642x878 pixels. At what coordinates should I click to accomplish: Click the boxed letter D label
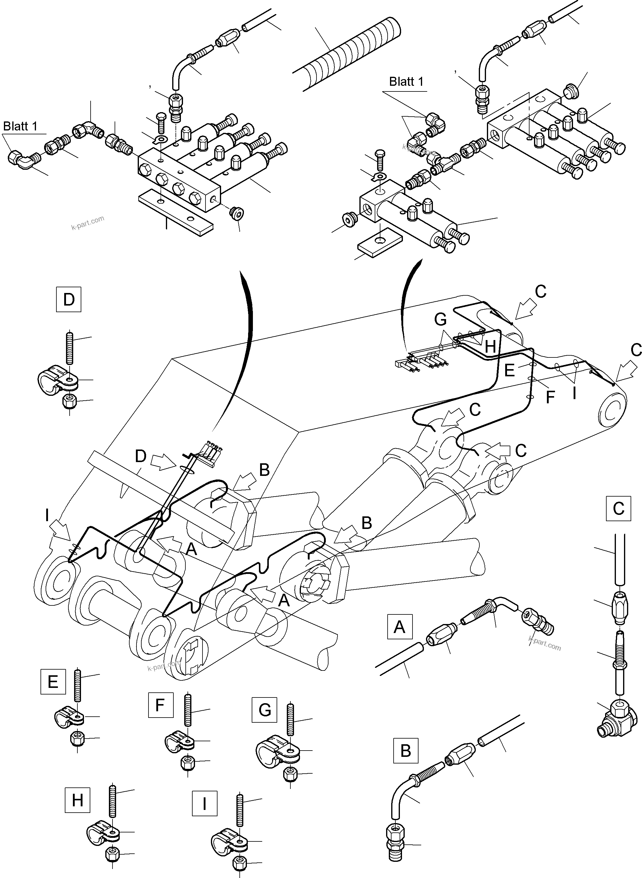coord(68,300)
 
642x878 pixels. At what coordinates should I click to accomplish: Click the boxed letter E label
coord(53,681)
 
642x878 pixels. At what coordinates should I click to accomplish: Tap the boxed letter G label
coord(265,710)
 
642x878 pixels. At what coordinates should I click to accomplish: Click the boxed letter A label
coord(400,627)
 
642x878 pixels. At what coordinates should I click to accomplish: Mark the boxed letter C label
coord(618,509)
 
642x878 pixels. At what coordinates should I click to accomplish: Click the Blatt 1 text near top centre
coord(406,82)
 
